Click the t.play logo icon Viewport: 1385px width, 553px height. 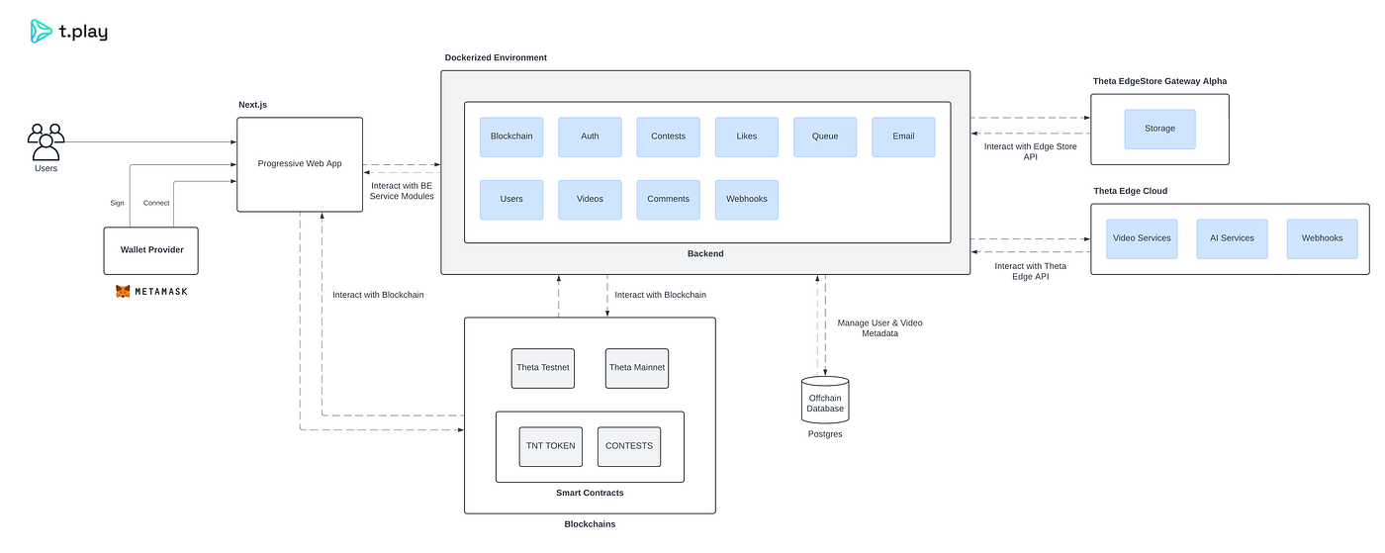coord(41,31)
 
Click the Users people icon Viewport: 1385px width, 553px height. coord(46,141)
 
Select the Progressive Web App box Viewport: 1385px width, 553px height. coord(300,164)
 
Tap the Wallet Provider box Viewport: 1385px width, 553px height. coord(151,250)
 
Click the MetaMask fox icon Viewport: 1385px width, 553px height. coord(123,292)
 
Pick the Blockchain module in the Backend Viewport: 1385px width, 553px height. coord(511,137)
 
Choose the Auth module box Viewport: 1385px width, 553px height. coord(590,137)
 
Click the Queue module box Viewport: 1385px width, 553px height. coord(825,137)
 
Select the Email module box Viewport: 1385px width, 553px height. coord(903,137)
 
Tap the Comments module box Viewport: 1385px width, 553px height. coord(669,200)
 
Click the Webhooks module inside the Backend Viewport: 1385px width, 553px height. coord(747,200)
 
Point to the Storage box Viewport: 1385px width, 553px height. coord(1159,130)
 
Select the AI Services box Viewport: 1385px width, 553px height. coord(1232,238)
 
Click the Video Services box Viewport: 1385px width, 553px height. coord(1142,238)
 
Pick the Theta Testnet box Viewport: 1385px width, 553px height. coord(543,368)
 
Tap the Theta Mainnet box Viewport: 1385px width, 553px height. coord(637,368)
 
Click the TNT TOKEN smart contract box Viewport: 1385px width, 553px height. coord(551,446)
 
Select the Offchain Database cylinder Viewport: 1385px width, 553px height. coord(825,400)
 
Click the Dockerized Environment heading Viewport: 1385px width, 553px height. coord(496,57)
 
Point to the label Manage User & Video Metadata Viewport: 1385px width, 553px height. coord(879,327)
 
